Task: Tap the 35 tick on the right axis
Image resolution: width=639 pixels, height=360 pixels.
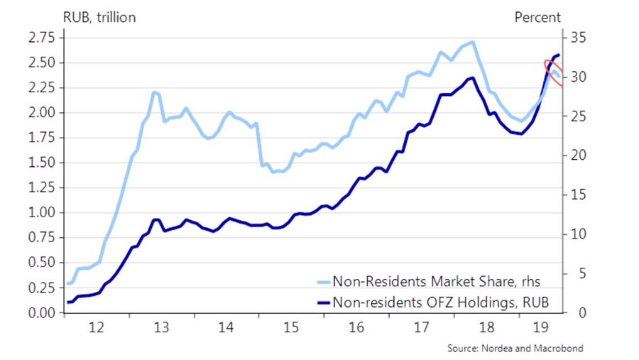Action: (575, 38)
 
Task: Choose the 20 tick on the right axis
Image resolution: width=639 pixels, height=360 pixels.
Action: (575, 156)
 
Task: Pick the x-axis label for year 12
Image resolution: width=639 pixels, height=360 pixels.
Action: (97, 327)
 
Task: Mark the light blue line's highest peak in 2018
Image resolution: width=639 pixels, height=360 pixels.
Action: (473, 42)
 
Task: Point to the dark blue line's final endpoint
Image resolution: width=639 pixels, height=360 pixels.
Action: (558, 55)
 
